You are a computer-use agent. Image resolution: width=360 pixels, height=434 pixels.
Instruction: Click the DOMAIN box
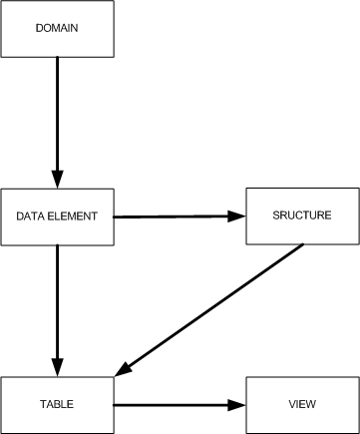(x=57, y=28)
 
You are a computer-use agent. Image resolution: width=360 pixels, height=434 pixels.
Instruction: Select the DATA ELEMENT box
(x=57, y=217)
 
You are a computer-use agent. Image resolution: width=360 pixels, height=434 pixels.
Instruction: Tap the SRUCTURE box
(x=300, y=216)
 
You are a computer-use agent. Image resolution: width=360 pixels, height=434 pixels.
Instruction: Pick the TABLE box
(x=57, y=404)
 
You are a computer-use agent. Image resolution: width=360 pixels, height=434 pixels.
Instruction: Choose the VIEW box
(x=300, y=404)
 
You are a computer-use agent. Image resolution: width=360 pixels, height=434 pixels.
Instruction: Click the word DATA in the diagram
(x=31, y=217)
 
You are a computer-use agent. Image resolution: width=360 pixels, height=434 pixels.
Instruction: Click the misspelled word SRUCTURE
(x=300, y=216)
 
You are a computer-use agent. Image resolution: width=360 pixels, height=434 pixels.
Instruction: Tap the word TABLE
(x=57, y=404)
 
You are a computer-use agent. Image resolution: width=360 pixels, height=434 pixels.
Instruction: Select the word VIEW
(x=300, y=404)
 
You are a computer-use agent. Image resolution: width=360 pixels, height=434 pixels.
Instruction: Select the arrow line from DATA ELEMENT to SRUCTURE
(x=175, y=217)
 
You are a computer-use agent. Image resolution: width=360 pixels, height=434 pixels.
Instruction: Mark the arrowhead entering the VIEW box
(x=236, y=404)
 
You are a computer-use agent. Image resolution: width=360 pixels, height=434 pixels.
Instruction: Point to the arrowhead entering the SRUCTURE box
(x=236, y=217)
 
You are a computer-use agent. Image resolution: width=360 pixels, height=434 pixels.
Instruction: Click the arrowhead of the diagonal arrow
(x=124, y=369)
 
